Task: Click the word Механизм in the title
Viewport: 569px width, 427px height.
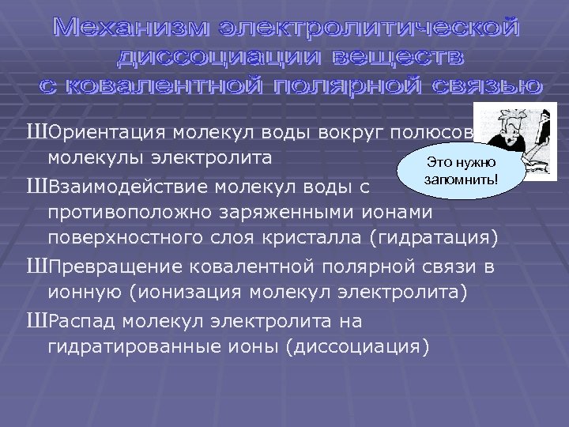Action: point(126,29)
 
